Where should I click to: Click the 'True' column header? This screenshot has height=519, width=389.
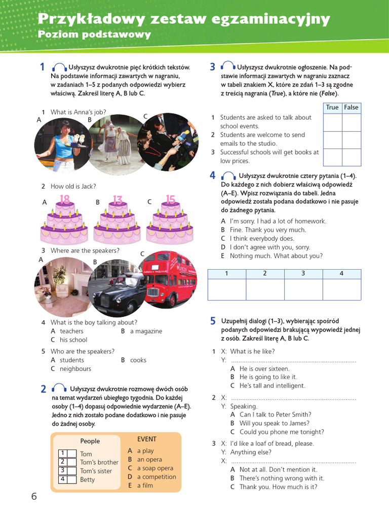(332, 107)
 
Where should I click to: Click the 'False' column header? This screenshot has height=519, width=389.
(351, 107)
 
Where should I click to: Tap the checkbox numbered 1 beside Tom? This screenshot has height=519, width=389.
(63, 454)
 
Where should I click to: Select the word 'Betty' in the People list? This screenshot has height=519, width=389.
(87, 479)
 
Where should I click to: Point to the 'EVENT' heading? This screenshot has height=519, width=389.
(147, 439)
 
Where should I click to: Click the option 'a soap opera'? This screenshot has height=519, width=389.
(155, 468)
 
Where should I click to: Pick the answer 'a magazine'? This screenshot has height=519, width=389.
(146, 331)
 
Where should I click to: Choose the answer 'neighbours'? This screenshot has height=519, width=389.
(75, 369)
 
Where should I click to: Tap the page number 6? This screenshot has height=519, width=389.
(34, 497)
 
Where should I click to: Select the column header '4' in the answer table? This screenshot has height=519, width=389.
(341, 274)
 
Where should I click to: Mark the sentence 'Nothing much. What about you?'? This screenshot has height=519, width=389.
(276, 256)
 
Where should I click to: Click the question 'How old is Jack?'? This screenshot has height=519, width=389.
(73, 187)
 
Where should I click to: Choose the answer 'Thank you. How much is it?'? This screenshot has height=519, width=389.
(278, 487)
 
